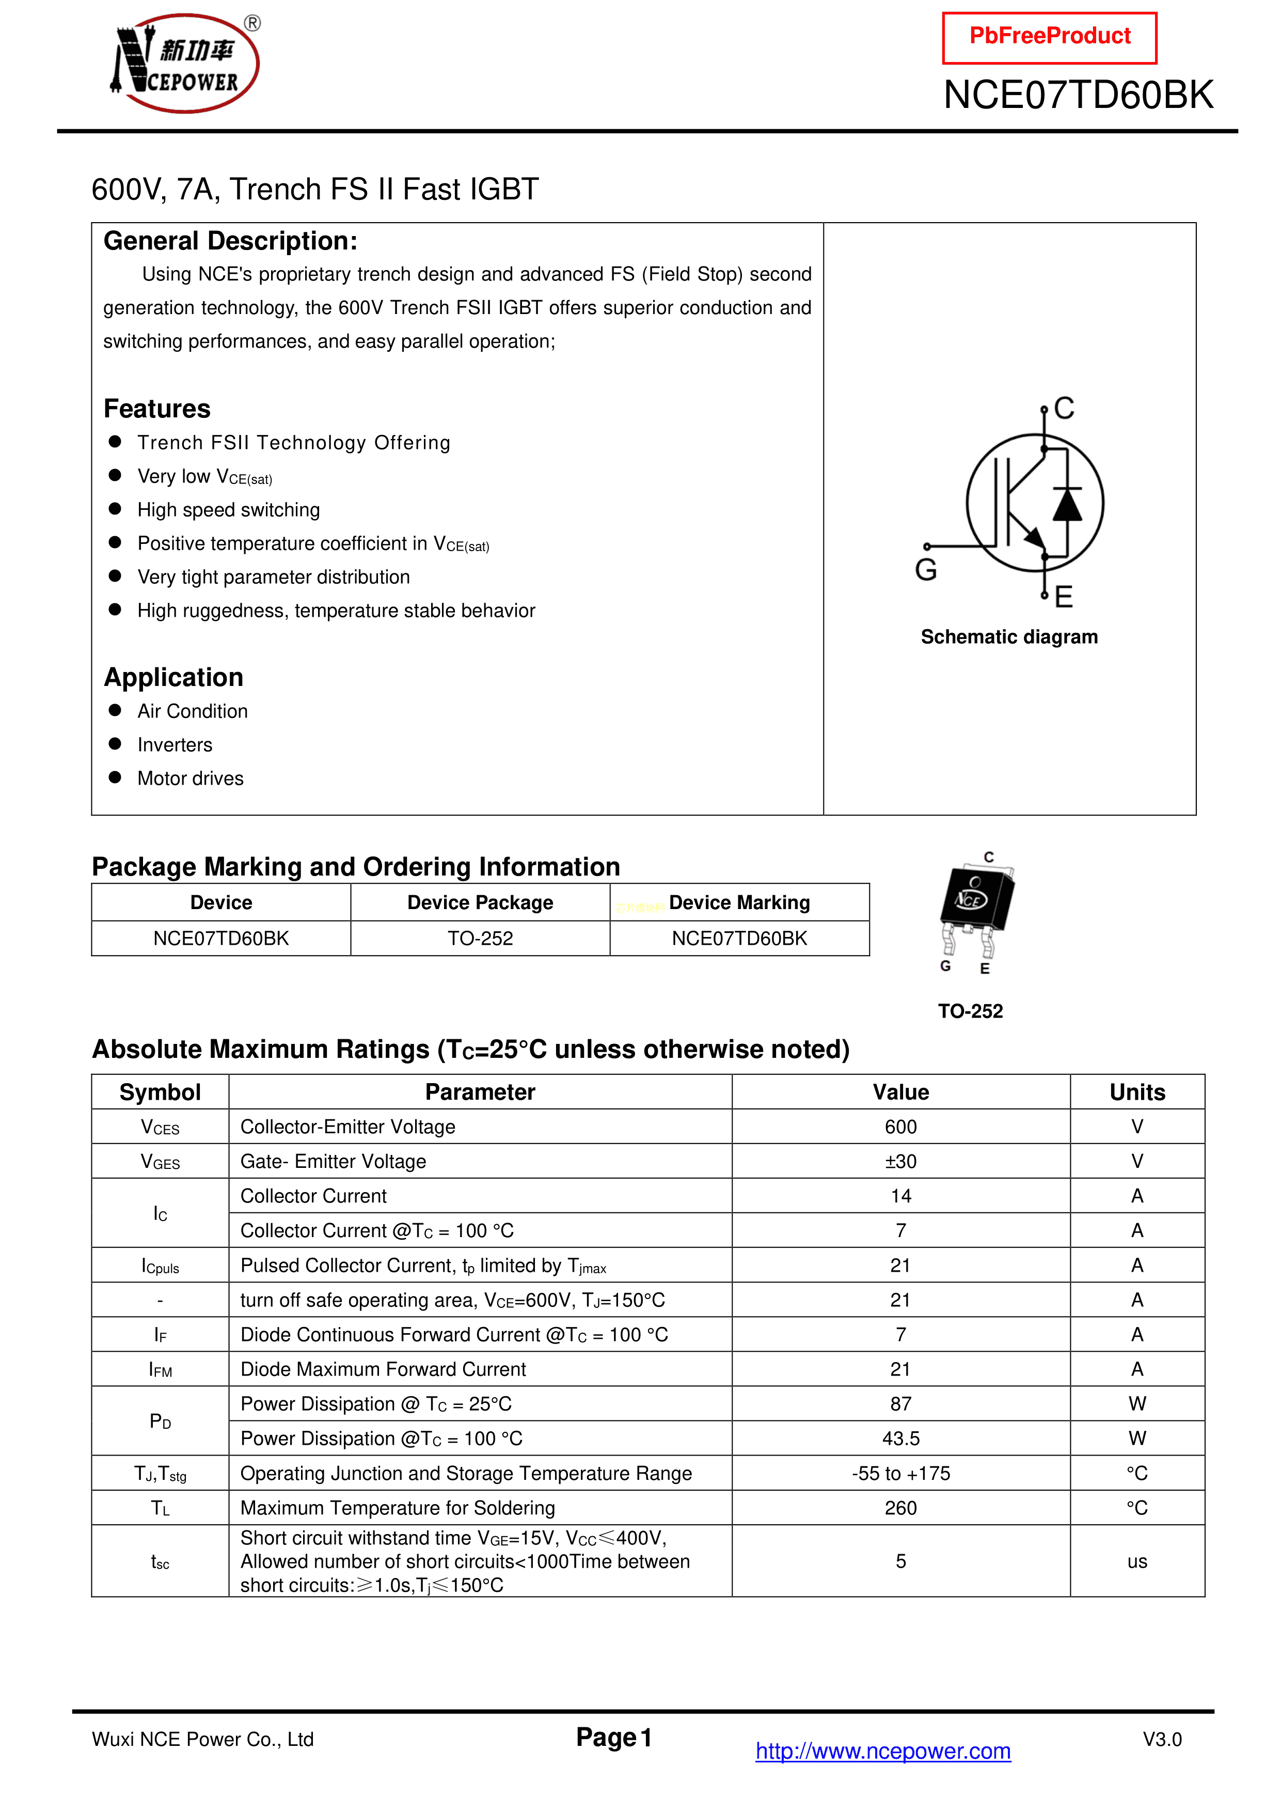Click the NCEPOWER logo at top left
tap(185, 63)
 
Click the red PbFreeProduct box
tap(1049, 37)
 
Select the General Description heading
tap(230, 241)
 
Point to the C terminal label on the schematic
tap(1064, 408)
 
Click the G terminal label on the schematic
tap(926, 569)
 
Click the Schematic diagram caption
tap(1009, 637)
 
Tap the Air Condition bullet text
tap(193, 711)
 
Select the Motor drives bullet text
tap(190, 778)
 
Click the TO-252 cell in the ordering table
tap(480, 939)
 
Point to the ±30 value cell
tap(901, 1161)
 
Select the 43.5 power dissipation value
tap(901, 1438)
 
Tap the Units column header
tap(1136, 1092)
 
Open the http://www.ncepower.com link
tap(883, 1751)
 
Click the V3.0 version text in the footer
tap(1162, 1739)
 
